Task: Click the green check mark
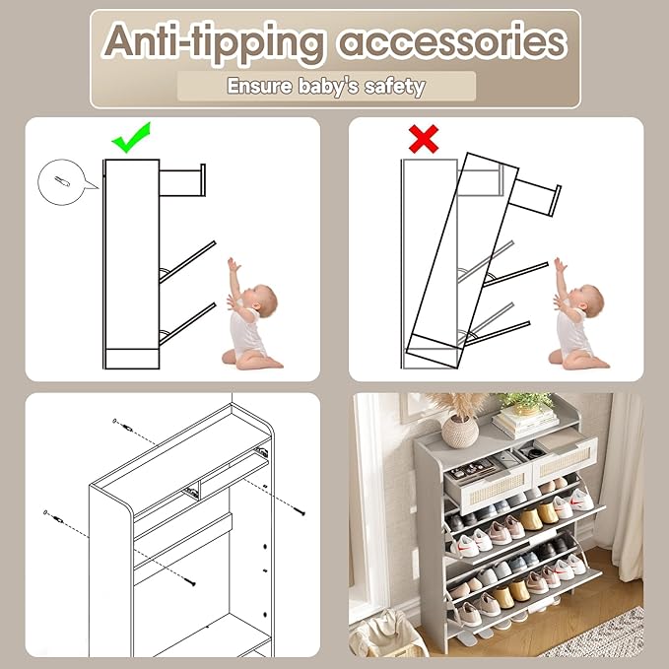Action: [x=130, y=138]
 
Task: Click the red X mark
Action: [x=424, y=139]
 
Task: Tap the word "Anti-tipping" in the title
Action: [x=214, y=42]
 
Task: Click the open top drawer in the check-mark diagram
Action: [x=182, y=180]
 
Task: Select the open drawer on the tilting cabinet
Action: [x=529, y=192]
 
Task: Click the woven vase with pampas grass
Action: [x=460, y=425]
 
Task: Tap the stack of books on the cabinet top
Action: [x=525, y=423]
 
